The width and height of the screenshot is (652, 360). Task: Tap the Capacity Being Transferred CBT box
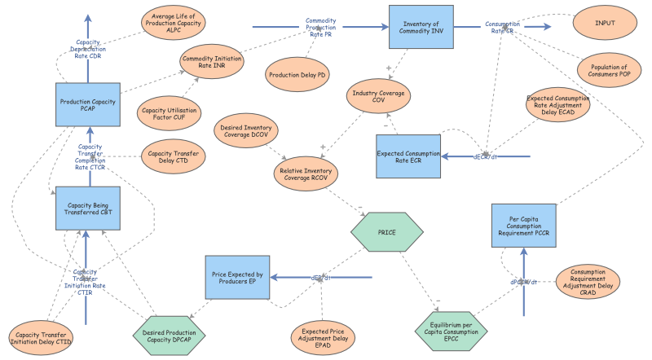click(88, 208)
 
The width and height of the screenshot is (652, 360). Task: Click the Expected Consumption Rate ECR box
click(409, 156)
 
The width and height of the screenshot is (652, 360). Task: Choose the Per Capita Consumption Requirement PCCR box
click(524, 226)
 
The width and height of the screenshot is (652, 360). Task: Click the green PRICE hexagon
click(386, 232)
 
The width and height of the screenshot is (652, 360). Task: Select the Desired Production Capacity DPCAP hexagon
click(170, 336)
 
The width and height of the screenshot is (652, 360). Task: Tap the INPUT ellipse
click(606, 23)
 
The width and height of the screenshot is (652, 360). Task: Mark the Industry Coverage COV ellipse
click(378, 95)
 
